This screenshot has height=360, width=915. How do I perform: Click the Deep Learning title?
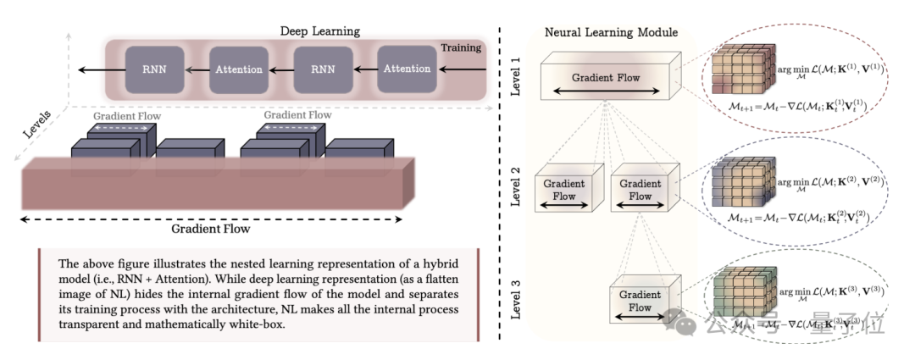(x=319, y=31)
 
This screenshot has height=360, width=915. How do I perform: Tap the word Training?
(x=461, y=48)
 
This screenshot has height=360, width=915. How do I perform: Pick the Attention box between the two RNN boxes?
(x=238, y=69)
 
